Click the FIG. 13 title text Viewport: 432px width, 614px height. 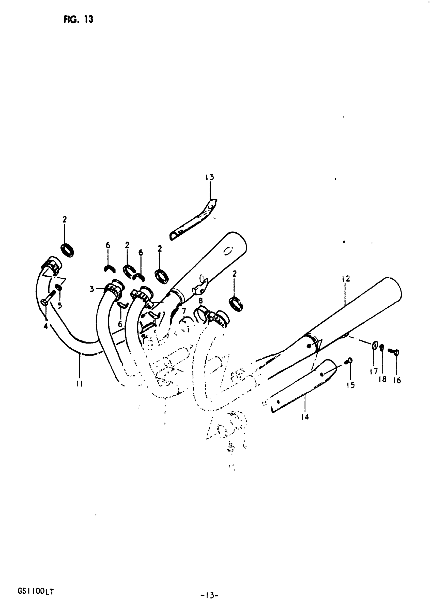click(78, 19)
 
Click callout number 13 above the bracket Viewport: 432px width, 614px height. click(210, 177)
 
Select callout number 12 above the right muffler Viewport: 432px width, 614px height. click(346, 279)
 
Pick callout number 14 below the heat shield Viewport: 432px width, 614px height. click(305, 417)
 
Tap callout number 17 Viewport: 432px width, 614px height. click(374, 371)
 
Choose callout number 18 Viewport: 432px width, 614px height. click(382, 379)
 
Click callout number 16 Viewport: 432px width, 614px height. click(397, 380)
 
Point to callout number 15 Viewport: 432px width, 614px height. click(350, 385)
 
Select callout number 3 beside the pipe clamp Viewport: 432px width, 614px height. click(92, 289)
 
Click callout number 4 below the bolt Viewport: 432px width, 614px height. click(46, 326)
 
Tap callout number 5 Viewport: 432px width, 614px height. click(60, 305)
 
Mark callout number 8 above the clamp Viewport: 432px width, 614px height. click(200, 301)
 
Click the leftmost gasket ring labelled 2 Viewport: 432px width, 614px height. click(68, 250)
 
